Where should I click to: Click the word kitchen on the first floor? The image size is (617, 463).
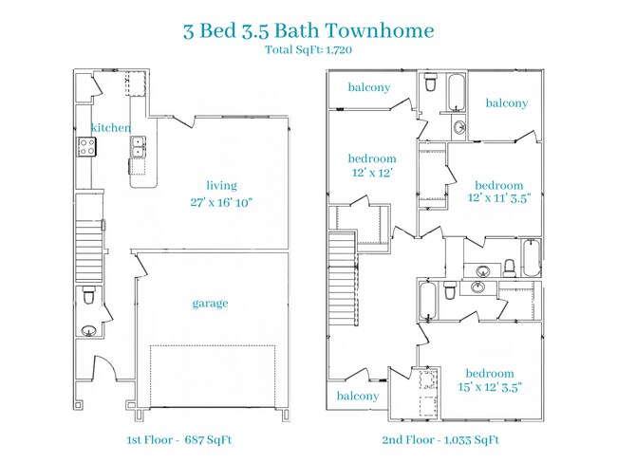coord(110,128)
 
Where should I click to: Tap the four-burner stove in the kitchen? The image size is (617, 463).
coord(86,146)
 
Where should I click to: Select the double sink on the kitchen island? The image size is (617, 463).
coord(139,147)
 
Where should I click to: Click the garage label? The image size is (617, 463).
coord(210,303)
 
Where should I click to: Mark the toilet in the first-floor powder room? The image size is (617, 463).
coord(88,296)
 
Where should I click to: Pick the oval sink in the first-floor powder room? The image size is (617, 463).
coord(87,331)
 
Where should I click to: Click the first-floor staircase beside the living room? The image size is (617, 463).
coord(88,241)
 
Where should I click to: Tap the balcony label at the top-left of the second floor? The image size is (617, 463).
coord(368,87)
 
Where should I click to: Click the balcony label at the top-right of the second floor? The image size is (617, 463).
coord(506,102)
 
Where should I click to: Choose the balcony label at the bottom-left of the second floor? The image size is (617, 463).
coord(357,396)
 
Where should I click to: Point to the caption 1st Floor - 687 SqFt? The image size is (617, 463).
coord(179,439)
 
